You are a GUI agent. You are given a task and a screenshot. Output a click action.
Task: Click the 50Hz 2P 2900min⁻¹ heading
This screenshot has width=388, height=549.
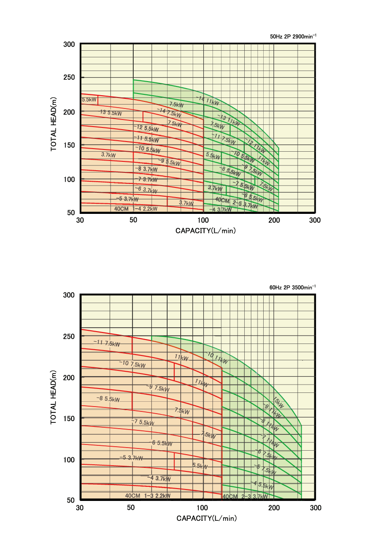pyautogui.click(x=293, y=37)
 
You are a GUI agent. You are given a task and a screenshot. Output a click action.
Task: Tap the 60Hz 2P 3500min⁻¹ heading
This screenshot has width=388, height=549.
pyautogui.click(x=293, y=287)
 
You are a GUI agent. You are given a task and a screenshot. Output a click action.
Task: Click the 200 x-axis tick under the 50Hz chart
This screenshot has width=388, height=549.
pyautogui.click(x=273, y=220)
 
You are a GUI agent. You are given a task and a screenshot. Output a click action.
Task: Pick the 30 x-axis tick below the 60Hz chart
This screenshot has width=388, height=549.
pyautogui.click(x=80, y=508)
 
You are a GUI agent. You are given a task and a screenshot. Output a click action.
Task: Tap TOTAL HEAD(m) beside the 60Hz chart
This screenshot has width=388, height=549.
pyautogui.click(x=54, y=397)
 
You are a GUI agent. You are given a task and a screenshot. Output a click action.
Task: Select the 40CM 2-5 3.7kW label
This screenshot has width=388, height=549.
pyautogui.click(x=236, y=202)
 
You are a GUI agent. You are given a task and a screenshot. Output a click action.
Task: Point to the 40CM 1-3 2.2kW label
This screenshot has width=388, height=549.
pyautogui.click(x=148, y=496)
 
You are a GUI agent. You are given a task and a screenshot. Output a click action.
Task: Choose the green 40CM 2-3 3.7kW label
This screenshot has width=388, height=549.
pyautogui.click(x=245, y=497)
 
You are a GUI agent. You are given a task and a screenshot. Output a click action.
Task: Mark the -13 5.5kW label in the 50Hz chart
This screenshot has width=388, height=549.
pyautogui.click(x=111, y=112)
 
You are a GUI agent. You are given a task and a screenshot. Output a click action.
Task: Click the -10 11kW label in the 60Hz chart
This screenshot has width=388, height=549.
pyautogui.click(x=216, y=358)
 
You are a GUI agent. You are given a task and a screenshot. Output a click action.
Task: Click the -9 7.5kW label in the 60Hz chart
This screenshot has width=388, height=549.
pyautogui.click(x=157, y=388)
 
